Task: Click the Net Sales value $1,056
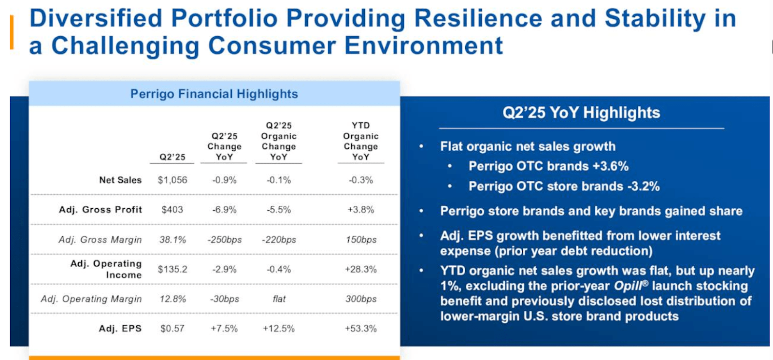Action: (172, 180)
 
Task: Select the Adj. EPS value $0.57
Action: (172, 329)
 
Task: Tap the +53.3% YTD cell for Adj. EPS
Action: (360, 329)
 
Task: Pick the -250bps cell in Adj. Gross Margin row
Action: (225, 240)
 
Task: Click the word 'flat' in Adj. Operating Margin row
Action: (279, 299)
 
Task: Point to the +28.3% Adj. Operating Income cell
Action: (360, 269)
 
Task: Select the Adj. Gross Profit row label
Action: (100, 210)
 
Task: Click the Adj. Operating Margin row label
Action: (91, 299)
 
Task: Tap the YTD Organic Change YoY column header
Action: (360, 141)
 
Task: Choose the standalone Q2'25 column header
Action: (172, 157)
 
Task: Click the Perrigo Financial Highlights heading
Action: (214, 94)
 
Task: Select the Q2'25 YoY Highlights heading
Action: (581, 113)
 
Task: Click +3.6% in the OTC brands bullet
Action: (611, 166)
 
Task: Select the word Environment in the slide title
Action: (423, 46)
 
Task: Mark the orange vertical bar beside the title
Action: (12, 32)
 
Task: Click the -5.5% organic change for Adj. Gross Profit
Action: (279, 210)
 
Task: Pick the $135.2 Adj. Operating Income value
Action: (172, 269)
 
